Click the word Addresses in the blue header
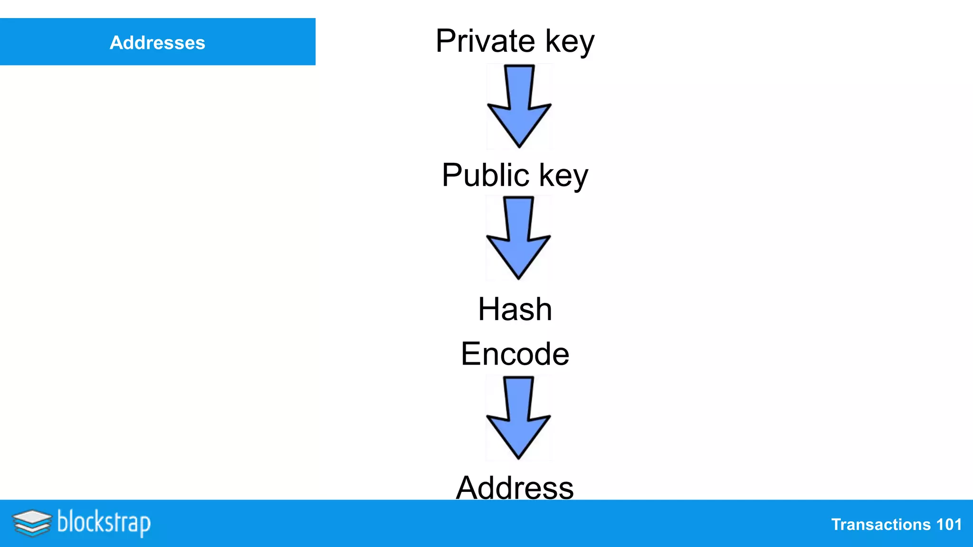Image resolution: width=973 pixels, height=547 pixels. pyautogui.click(x=157, y=43)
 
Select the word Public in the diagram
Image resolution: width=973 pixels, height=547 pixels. pyautogui.click(x=485, y=175)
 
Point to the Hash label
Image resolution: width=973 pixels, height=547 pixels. pyautogui.click(x=515, y=309)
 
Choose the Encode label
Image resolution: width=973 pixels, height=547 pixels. pyautogui.click(x=515, y=354)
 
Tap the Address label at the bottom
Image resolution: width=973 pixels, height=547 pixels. pyautogui.click(x=515, y=488)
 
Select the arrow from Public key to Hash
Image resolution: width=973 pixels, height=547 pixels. pyautogui.click(x=518, y=238)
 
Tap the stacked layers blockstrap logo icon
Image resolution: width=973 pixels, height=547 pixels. pyautogui.click(x=32, y=523)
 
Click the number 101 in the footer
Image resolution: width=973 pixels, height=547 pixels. pyautogui.click(x=949, y=525)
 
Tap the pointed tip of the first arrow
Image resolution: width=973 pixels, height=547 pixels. pyautogui.click(x=519, y=145)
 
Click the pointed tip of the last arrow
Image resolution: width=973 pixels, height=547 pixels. pyautogui.click(x=518, y=457)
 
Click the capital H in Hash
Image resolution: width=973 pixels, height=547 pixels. pyautogui.click(x=489, y=309)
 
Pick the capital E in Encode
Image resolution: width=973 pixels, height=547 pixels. pyautogui.click(x=471, y=354)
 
